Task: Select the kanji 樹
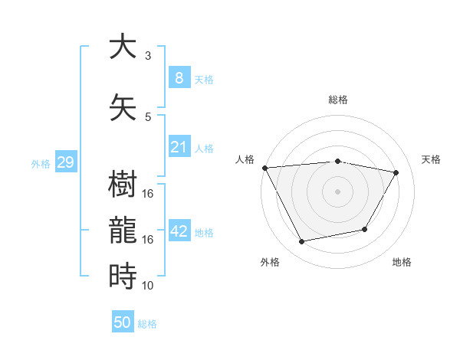pos(123,185)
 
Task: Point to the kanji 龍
pos(123,230)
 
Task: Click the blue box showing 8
pos(179,77)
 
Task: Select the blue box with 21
pos(179,147)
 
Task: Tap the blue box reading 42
pos(179,232)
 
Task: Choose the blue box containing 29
pos(65,162)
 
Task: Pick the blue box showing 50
pos(123,322)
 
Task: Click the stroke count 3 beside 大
pos(148,55)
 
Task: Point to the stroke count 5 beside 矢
pos(148,116)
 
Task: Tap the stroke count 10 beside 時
pos(148,285)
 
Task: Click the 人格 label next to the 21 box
pos(204,149)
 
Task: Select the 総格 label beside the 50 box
pos(147,324)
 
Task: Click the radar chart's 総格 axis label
pos(337,100)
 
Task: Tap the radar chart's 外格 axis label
pos(270,262)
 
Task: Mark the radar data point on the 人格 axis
pos(264,167)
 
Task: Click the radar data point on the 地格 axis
pos(365,229)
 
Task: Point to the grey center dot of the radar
pos(337,191)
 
